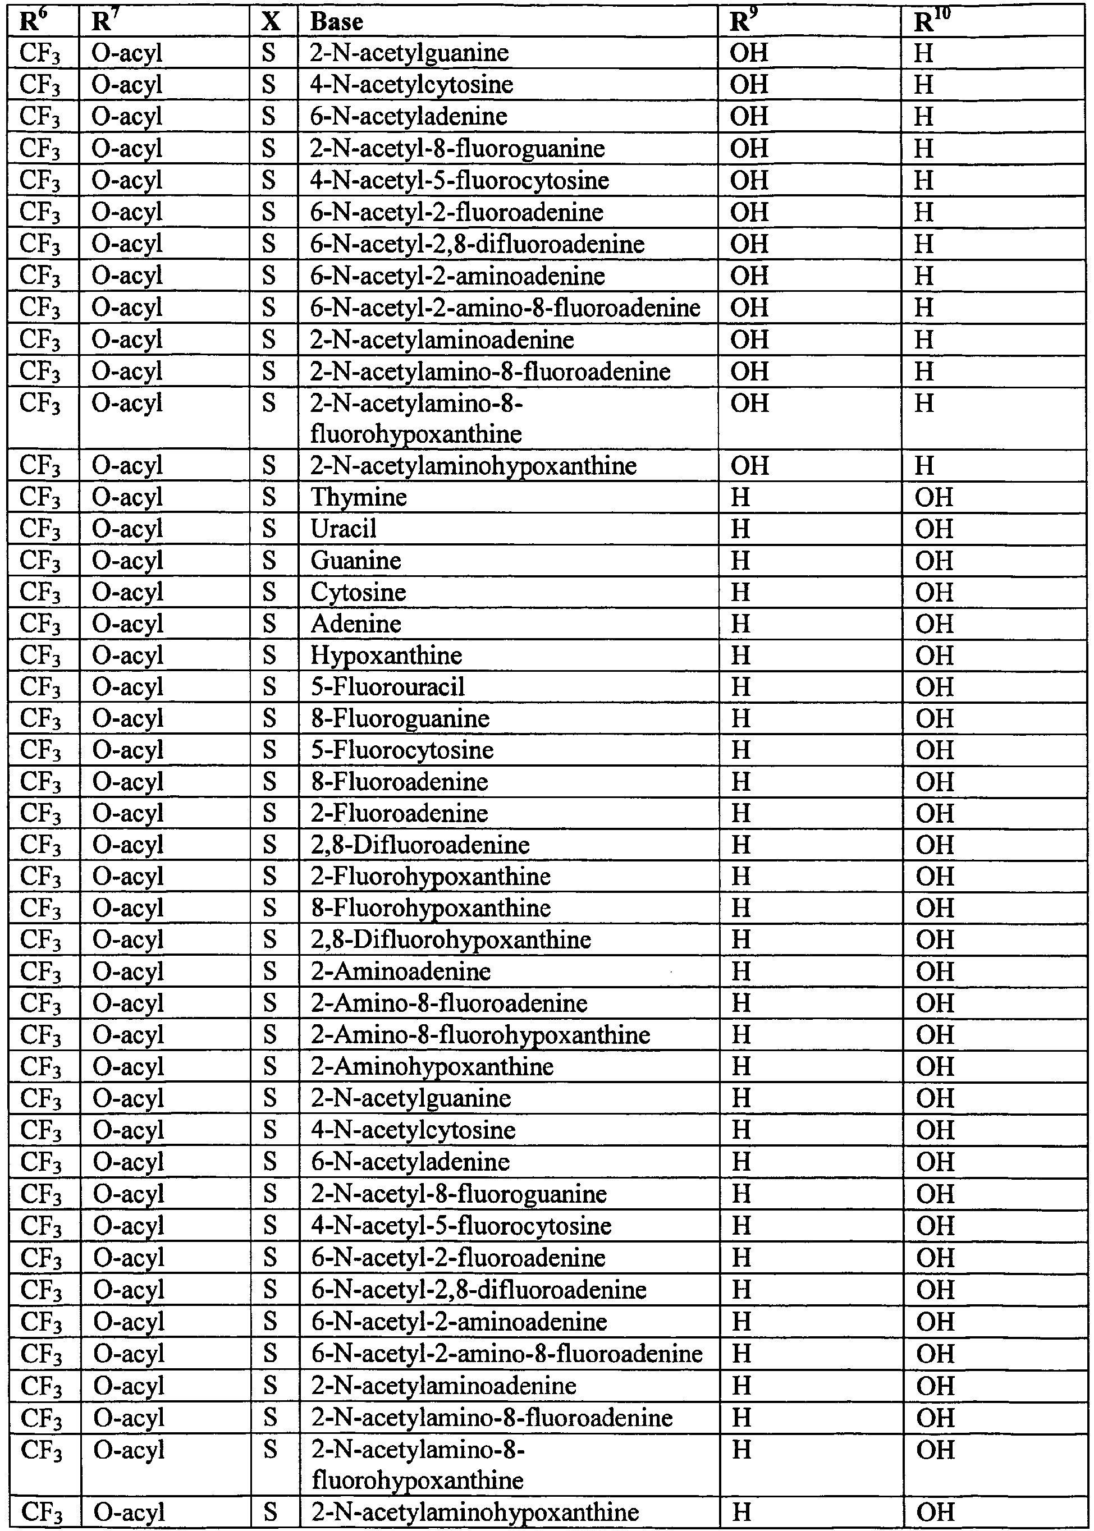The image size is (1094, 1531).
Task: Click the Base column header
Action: click(337, 22)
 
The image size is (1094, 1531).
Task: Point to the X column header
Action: click(270, 22)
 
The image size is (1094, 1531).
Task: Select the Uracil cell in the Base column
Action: click(343, 529)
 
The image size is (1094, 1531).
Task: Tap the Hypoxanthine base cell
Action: click(386, 656)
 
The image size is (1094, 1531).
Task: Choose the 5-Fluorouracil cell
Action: click(387, 687)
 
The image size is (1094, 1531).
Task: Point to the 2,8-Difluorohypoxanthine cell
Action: click(451, 939)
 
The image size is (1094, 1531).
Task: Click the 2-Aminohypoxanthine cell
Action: click(432, 1067)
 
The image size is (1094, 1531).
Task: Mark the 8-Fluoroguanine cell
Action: click(400, 719)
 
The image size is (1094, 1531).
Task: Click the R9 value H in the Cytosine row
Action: click(740, 593)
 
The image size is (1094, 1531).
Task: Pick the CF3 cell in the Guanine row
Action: click(40, 561)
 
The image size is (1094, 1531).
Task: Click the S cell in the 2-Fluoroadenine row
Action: click(269, 814)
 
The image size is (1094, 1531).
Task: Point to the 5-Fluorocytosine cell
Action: click(402, 750)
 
